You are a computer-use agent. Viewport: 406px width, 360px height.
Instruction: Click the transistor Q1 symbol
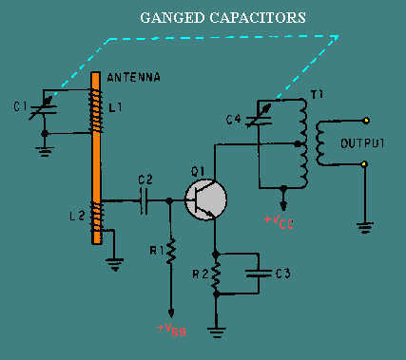pos(205,199)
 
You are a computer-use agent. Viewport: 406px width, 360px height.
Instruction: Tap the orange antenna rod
pos(96,159)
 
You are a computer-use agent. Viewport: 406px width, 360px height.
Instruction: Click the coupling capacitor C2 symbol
pos(144,200)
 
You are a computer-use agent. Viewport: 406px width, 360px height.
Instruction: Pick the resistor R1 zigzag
pos(170,252)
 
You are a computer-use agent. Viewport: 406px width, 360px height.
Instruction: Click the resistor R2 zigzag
pos(216,274)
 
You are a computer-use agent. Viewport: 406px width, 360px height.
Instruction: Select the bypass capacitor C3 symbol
pos(260,273)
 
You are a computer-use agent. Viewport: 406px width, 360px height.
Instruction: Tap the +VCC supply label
pos(279,221)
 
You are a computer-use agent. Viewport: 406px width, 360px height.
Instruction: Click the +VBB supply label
pos(171,330)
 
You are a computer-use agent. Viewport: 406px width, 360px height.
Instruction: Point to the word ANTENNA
pos(133,78)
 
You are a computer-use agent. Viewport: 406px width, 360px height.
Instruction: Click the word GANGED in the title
pos(172,18)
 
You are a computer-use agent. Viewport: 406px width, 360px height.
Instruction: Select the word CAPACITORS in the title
pos(258,18)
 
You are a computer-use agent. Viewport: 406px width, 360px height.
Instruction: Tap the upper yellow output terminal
pos(367,121)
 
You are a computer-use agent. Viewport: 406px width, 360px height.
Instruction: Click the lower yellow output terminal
pos(365,164)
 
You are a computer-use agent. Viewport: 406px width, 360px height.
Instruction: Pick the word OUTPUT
pos(362,143)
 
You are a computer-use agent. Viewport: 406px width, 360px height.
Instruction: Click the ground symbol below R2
pos(217,332)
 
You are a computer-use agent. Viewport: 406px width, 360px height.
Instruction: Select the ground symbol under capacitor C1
pos(45,152)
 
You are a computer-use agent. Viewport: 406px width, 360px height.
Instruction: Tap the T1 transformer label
pos(316,95)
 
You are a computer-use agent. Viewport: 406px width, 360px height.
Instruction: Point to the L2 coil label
pos(77,216)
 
